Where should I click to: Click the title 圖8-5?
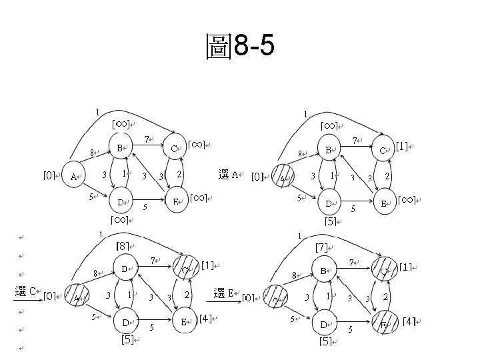click(240, 47)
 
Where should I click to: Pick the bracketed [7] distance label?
click(321, 247)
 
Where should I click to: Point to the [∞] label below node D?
click(120, 219)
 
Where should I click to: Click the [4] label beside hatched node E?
click(410, 322)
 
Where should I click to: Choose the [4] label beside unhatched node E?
click(205, 319)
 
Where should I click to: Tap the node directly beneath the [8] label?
click(125, 268)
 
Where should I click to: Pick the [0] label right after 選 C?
click(49, 296)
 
